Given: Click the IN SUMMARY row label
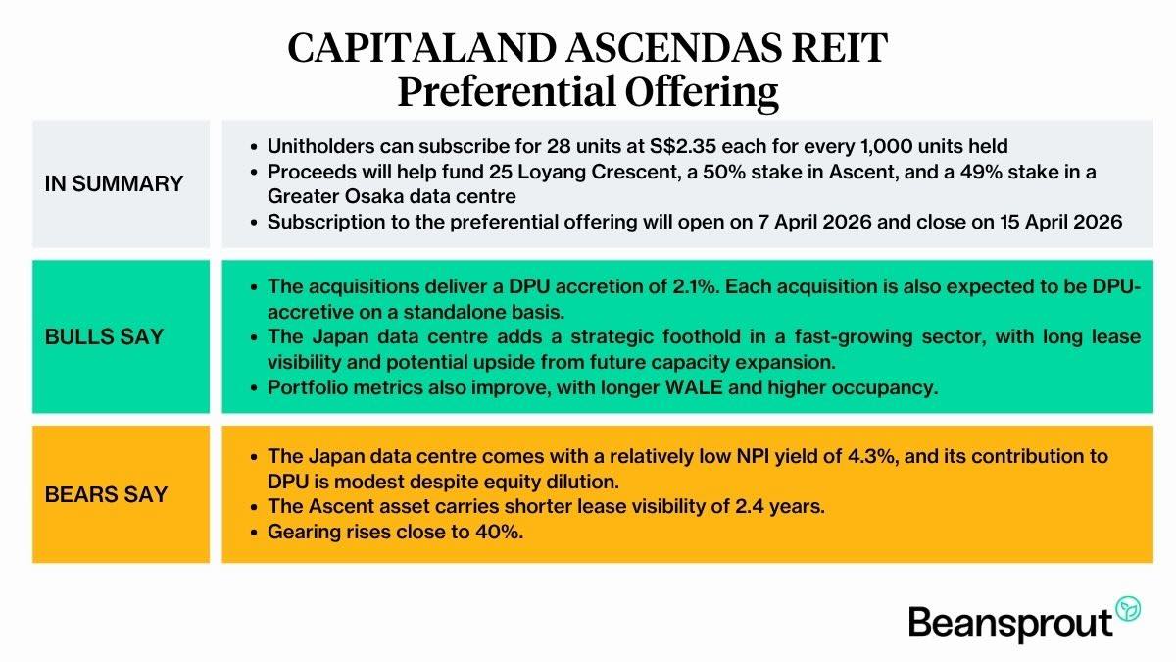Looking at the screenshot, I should pos(114,183).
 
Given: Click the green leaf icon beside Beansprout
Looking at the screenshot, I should pos(1130,609).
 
